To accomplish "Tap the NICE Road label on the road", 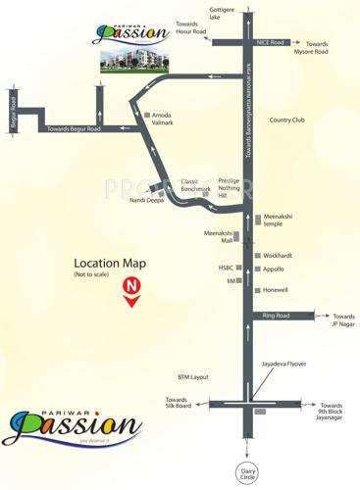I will pos(270,43).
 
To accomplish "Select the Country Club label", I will pos(287,120).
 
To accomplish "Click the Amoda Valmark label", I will pos(164,119).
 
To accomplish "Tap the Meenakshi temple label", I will pos(279,220).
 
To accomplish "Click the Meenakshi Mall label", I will pos(219,236).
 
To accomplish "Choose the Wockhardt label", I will pos(278,256).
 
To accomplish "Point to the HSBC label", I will pos(227,268).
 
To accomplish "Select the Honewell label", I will pos(276,290).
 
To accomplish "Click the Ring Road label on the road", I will pos(276,316).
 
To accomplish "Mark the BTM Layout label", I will pos(193,376).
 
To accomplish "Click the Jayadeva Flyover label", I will pos(283,364).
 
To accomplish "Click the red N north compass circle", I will pos(129,286).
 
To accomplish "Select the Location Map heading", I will pos(110,263).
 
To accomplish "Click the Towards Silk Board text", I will pos(177,404).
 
